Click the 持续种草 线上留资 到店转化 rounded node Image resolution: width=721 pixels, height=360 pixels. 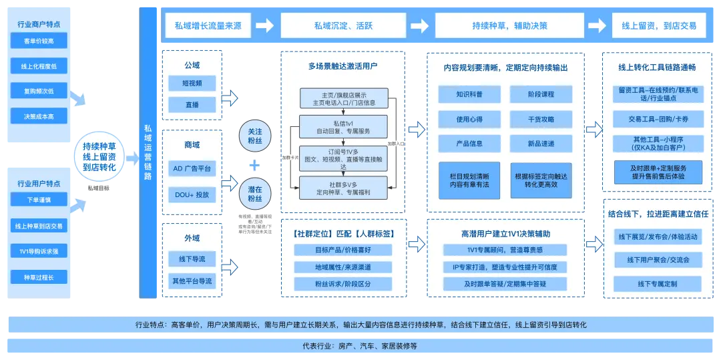click(99, 157)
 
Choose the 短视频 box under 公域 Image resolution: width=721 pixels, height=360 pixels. click(192, 83)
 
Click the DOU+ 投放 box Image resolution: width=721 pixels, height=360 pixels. click(192, 194)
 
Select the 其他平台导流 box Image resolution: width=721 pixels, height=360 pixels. click(192, 281)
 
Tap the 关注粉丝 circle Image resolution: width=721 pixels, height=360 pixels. click(254, 136)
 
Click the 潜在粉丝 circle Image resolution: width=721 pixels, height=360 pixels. click(254, 193)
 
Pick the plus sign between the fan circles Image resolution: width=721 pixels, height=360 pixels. click(254, 165)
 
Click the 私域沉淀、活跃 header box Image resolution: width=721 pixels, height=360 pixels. click(344, 26)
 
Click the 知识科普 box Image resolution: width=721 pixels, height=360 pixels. click(469, 94)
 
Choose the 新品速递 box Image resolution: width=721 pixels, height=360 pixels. click(540, 144)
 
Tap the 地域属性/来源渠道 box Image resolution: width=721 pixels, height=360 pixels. click(342, 267)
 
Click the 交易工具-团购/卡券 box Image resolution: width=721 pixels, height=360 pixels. click(658, 120)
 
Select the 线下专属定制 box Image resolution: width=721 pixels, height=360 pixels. click(658, 284)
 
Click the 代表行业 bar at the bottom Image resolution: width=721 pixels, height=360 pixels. click(360, 346)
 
